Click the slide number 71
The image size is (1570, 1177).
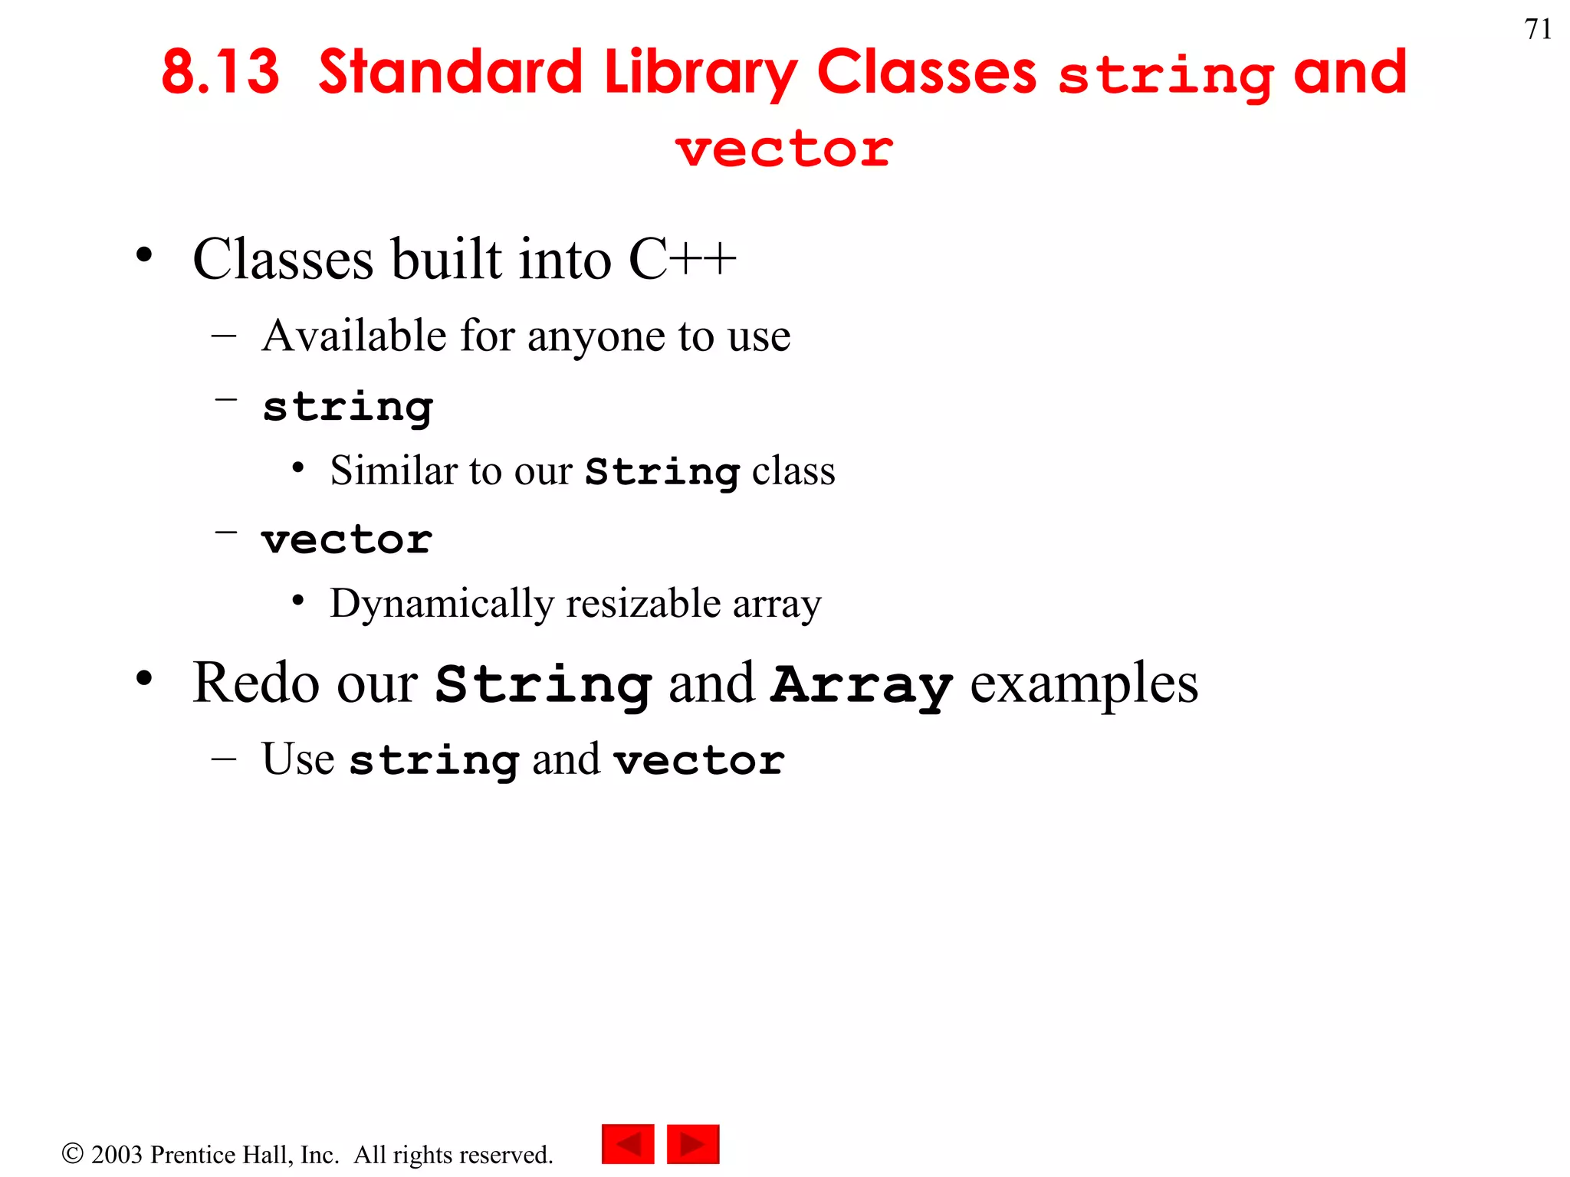[x=1538, y=29]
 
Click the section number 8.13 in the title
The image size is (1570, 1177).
[x=220, y=73]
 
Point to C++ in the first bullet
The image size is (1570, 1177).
[x=682, y=259]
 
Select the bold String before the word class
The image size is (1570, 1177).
[x=662, y=471]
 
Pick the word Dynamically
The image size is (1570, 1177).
[x=441, y=605]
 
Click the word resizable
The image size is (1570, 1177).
[x=643, y=604]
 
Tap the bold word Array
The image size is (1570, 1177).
[x=862, y=684]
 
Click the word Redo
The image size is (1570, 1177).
[x=256, y=683]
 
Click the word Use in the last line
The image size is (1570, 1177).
[x=297, y=759]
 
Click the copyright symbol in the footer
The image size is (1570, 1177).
[x=72, y=1153]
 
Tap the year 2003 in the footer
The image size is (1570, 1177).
[x=117, y=1155]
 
